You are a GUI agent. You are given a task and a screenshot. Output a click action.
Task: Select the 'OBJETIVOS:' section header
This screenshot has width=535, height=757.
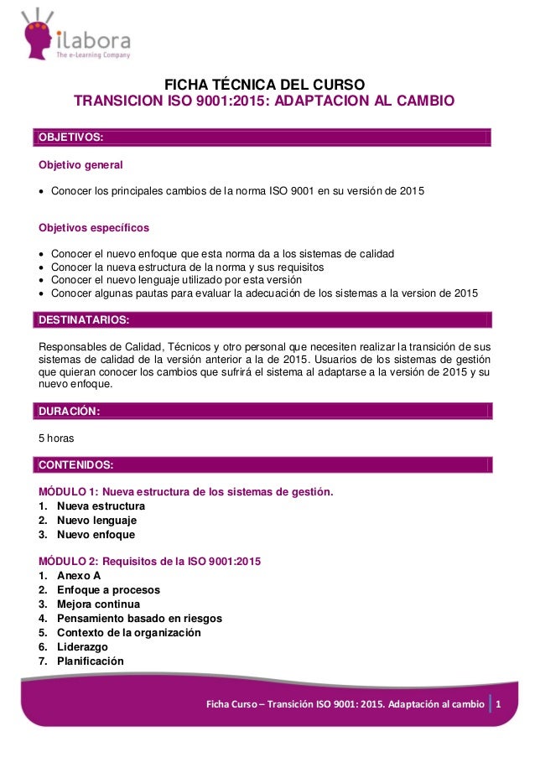pos(71,137)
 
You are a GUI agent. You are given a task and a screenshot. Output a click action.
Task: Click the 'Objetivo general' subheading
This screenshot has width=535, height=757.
pos(81,164)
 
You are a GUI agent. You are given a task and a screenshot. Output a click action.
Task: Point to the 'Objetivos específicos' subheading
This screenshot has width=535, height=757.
pos(94,227)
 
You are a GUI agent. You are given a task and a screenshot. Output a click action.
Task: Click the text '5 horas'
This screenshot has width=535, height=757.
pos(56,438)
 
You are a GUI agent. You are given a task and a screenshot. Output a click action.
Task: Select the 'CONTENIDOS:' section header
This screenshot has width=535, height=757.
pos(77,464)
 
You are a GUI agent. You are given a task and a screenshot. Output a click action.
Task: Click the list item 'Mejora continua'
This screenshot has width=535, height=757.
pos(98,604)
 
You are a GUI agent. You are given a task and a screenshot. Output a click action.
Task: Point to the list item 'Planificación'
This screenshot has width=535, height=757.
pos(90,661)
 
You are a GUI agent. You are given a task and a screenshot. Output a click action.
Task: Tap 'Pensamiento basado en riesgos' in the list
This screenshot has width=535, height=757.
pos(139,619)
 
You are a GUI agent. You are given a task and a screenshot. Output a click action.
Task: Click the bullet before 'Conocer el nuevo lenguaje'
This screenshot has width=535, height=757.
pos(42,279)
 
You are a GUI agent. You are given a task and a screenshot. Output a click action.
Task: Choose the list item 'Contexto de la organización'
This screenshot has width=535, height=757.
pos(128,633)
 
